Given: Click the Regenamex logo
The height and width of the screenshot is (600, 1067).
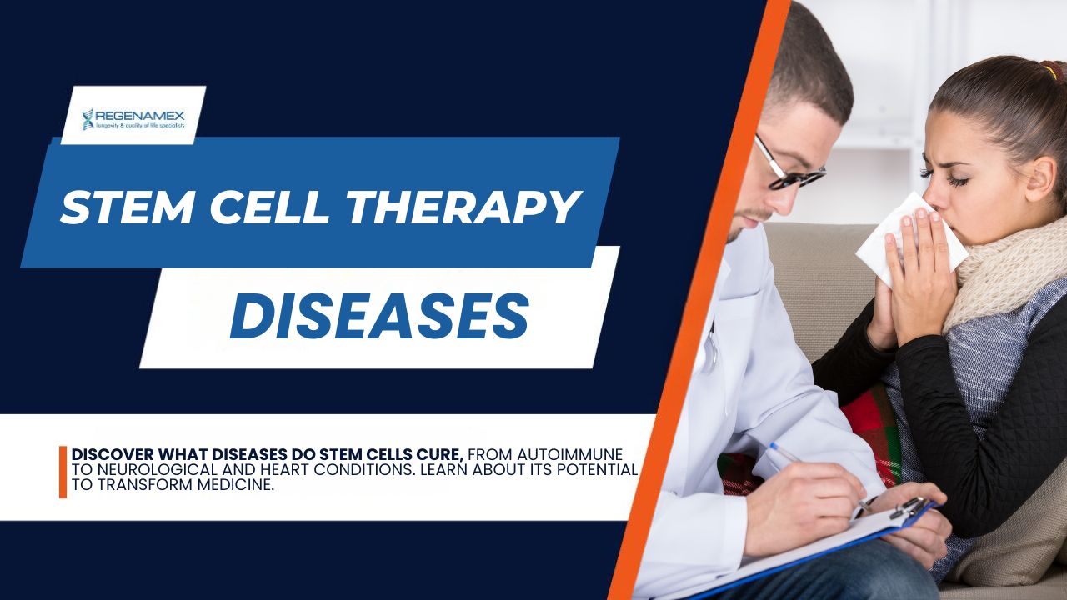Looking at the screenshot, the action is tap(133, 119).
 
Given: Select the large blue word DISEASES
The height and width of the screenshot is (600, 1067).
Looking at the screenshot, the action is tap(379, 315).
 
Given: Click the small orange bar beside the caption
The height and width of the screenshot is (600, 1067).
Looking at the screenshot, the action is tap(63, 472).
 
